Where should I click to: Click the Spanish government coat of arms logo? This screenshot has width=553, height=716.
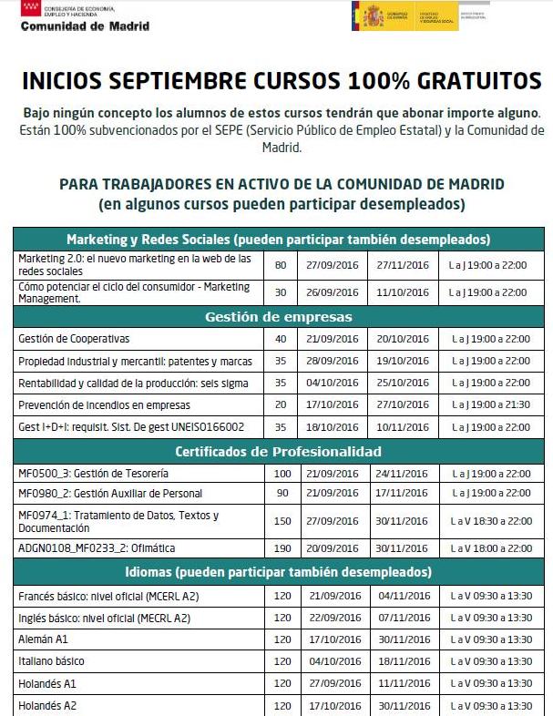tap(373, 16)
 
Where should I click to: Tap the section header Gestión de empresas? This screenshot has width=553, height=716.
tap(279, 317)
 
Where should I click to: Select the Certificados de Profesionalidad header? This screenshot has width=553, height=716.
tap(279, 452)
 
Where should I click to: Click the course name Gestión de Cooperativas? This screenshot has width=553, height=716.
tap(75, 339)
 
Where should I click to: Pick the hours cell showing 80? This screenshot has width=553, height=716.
tap(280, 266)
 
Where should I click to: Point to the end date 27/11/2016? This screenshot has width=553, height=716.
tap(401, 266)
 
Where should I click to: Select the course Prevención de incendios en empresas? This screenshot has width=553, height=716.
tap(105, 404)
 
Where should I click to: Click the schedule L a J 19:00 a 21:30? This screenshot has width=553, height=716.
tap(489, 404)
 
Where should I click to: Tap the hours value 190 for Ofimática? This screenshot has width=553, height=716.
tap(282, 548)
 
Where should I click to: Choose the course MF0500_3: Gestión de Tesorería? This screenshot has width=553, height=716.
tap(94, 474)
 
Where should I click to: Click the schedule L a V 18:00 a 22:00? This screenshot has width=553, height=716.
tap(489, 548)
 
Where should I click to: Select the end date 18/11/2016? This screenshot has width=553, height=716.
tap(401, 661)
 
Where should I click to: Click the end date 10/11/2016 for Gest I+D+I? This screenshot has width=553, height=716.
tap(401, 426)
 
